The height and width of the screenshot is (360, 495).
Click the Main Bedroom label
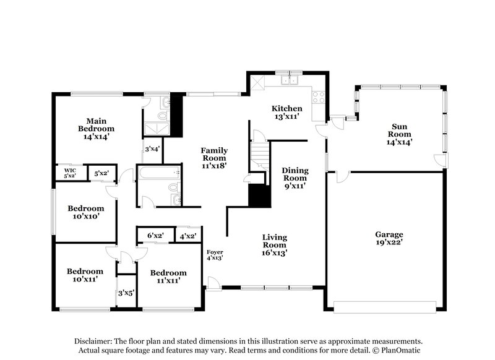coord(96,129)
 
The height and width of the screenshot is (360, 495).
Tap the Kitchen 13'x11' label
coord(287,112)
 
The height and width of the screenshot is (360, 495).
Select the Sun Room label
coord(399,133)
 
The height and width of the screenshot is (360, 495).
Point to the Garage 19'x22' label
coord(389,239)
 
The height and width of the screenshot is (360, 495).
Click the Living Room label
coord(274,245)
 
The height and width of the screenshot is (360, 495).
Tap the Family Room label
coord(213,158)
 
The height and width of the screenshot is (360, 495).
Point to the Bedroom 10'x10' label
coord(85,212)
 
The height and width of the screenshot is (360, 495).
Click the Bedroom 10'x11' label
coord(85,275)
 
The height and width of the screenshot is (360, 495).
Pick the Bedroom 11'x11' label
coord(168,276)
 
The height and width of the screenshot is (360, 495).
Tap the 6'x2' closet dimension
coord(155,236)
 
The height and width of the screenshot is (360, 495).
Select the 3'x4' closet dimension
coord(152,149)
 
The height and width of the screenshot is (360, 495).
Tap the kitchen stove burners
coord(319,96)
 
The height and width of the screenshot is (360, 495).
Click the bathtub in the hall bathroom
coord(155,173)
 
